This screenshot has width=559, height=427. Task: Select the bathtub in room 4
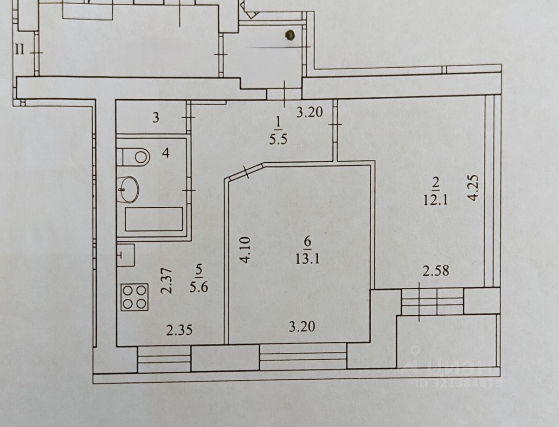[154, 219]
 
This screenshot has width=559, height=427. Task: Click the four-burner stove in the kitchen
[135, 297]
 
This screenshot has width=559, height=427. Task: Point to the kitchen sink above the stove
[125, 255]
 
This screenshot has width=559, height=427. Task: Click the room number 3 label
[156, 118]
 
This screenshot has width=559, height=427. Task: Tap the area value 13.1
[307, 258]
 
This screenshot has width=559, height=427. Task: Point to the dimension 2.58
[435, 270]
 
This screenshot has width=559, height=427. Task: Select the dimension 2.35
[179, 330]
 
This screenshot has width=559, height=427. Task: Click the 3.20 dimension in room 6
[302, 327]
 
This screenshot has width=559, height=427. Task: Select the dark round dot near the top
[290, 35]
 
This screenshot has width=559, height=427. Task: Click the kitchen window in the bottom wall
[164, 359]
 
